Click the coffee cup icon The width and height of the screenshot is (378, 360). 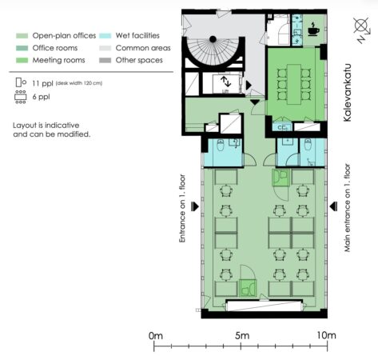313,29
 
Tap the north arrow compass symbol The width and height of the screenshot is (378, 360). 362,29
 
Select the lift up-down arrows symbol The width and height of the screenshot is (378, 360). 226,82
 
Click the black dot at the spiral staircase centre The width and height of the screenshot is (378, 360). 213,39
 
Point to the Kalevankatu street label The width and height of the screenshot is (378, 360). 347,93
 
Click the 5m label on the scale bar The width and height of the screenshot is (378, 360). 242,335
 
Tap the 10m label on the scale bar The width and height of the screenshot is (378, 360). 326,335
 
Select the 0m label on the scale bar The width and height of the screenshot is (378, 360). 156,335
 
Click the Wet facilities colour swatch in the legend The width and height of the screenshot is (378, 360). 105,36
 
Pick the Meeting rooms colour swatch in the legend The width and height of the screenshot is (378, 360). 22,60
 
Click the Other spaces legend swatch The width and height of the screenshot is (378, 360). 105,60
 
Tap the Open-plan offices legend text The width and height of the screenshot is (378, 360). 64,36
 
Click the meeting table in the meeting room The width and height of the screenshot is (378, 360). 294,84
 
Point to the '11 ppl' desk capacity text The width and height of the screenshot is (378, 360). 42,83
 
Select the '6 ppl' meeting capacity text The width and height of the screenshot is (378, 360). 41,97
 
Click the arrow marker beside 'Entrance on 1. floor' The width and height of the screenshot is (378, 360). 195,206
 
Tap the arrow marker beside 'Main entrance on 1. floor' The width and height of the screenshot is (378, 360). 333,206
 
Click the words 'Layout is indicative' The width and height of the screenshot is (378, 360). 46,126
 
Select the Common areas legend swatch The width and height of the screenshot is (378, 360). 105,48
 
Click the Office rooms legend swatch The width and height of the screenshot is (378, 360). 22,48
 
